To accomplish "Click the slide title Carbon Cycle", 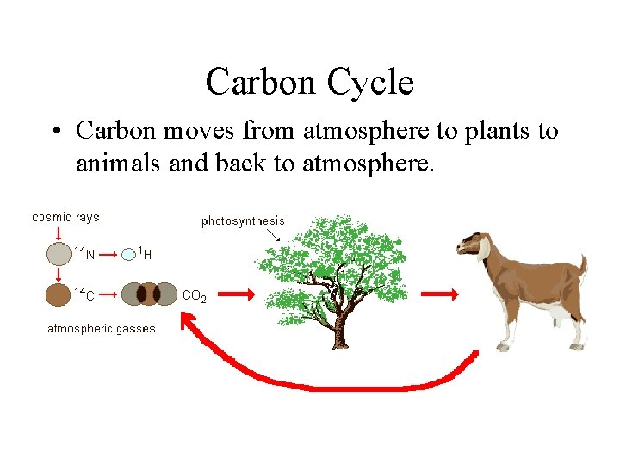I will tap(310, 83).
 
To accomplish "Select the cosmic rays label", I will tap(65, 217).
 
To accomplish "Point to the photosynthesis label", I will tap(243, 221).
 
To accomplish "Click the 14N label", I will tap(84, 253).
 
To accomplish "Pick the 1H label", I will tap(146, 253).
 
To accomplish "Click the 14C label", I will tap(84, 294).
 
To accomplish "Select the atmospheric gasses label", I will tap(101, 329).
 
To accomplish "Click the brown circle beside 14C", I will tap(58, 294).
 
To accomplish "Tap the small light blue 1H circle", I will tap(128, 253).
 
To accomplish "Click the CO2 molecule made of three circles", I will tap(148, 294).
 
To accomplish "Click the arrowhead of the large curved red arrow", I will tap(189, 324).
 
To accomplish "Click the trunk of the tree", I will tap(341, 327).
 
